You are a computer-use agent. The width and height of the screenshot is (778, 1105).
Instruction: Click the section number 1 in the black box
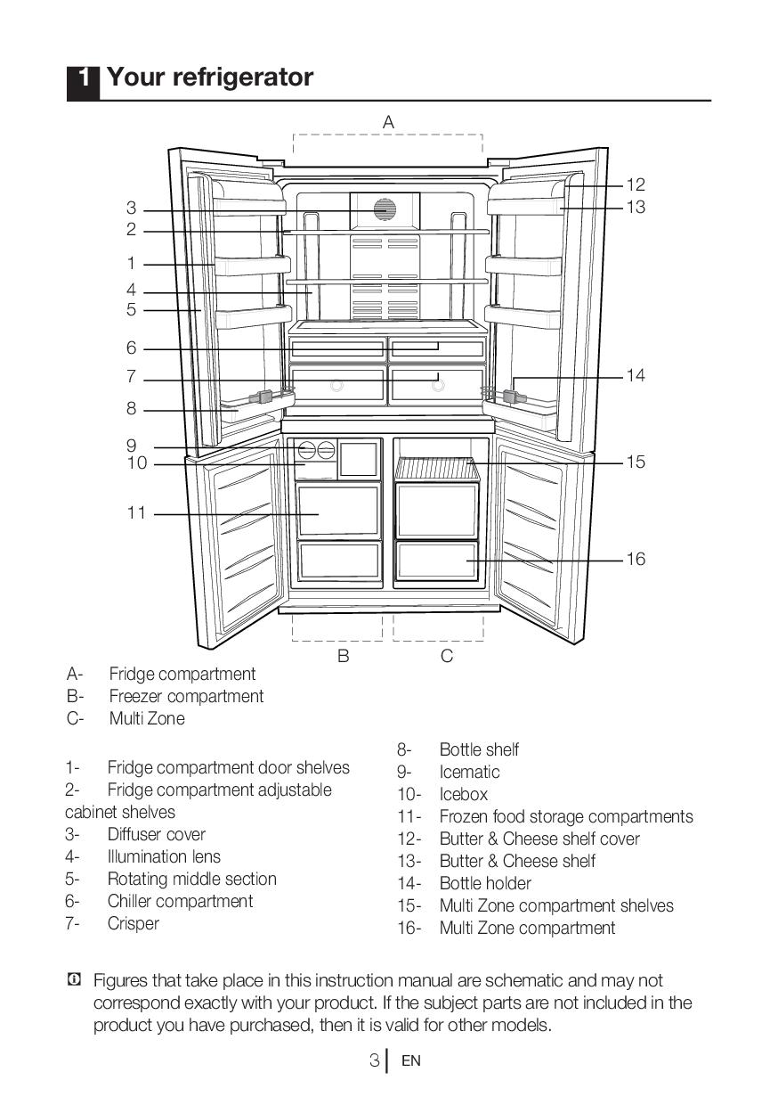(84, 78)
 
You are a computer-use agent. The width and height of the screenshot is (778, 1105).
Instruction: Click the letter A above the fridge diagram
(388, 123)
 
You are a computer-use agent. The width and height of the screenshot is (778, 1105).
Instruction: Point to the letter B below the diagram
(343, 657)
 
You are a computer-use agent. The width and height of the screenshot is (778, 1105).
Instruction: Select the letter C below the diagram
(447, 657)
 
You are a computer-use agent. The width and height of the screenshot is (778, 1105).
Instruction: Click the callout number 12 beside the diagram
(636, 185)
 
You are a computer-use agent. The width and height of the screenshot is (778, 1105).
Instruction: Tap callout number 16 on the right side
(636, 560)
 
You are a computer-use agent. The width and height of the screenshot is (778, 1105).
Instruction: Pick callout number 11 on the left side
(136, 513)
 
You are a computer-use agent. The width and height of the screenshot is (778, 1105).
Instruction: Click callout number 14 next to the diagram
(636, 376)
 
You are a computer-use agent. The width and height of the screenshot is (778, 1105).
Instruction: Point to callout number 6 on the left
(131, 348)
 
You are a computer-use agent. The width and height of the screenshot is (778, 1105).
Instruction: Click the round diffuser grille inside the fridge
(385, 209)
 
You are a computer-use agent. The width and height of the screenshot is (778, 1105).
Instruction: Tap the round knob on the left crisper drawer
(337, 386)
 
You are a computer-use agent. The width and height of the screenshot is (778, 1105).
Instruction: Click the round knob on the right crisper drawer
(437, 386)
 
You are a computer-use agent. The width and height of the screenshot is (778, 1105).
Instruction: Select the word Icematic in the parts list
(469, 773)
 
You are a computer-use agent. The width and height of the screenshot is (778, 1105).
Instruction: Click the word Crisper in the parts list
(134, 924)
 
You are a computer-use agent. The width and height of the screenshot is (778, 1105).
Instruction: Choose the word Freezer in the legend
(135, 697)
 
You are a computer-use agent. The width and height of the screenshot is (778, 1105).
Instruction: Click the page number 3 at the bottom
(375, 1060)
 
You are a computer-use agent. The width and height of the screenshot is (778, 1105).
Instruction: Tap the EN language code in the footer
(410, 1061)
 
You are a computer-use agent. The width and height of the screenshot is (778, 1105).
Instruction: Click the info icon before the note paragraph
(74, 980)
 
